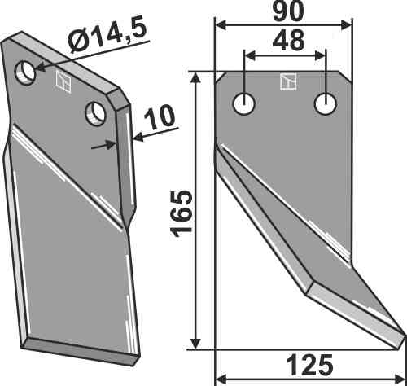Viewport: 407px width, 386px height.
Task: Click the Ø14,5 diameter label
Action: tap(107, 36)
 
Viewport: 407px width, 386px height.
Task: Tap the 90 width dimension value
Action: tap(288, 11)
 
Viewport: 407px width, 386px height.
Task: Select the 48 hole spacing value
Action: tap(288, 41)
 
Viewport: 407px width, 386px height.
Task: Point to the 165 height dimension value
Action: tap(181, 214)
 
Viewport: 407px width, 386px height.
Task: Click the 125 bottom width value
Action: tap(309, 365)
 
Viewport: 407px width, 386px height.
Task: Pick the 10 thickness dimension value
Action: tap(160, 117)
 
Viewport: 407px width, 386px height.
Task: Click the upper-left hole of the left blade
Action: tap(25, 72)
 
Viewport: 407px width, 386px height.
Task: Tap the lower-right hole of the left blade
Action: tap(95, 113)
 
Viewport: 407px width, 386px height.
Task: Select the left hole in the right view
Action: tap(244, 104)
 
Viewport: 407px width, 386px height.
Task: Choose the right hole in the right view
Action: tap(326, 104)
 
